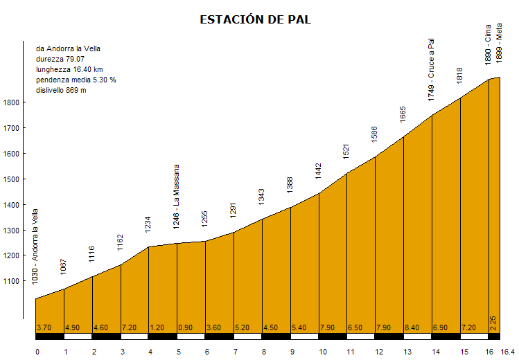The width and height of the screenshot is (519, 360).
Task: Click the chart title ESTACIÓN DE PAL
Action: [255, 19]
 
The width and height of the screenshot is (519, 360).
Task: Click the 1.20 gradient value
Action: [158, 327]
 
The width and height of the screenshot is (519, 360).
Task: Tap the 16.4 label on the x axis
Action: [509, 352]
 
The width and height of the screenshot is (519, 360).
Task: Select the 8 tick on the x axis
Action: [264, 352]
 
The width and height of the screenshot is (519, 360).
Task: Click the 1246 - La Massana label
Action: [177, 196]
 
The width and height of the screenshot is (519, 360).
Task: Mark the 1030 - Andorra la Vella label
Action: [35, 246]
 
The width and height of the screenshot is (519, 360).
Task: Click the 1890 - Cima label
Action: [489, 46]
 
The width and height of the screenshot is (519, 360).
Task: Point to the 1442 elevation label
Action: [319, 170]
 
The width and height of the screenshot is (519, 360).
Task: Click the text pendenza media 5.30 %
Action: [76, 80]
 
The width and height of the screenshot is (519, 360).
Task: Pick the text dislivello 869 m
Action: [61, 91]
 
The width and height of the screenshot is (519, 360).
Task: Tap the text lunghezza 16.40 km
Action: [69, 70]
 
